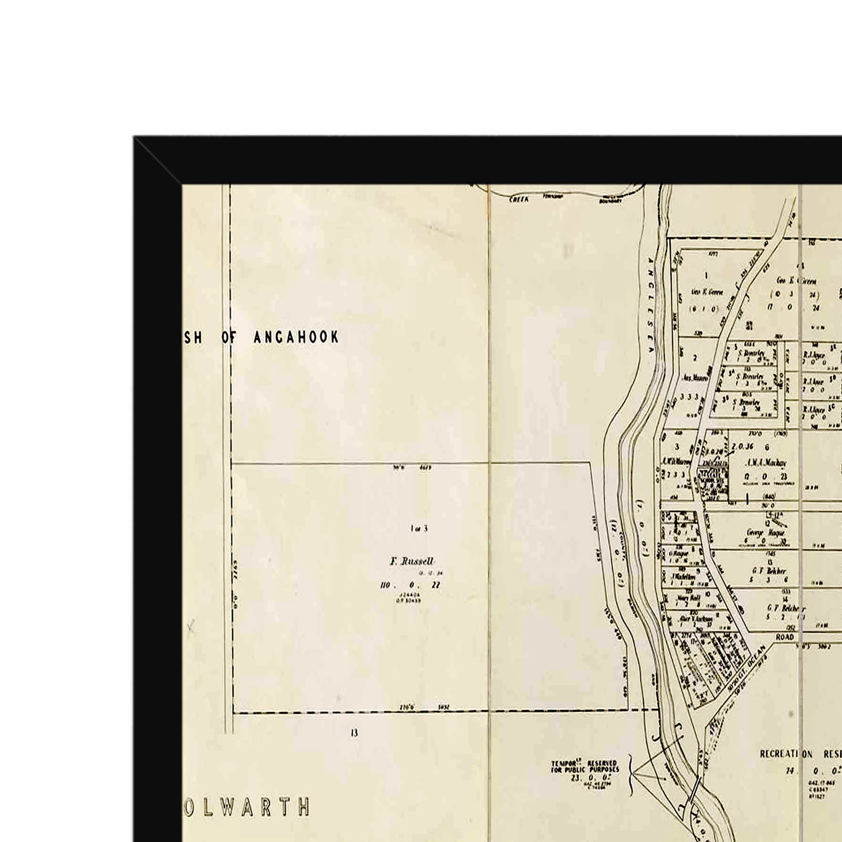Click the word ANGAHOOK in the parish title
pyautogui.click(x=296, y=337)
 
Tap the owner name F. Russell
pyautogui.click(x=412, y=562)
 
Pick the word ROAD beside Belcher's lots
pyautogui.click(x=785, y=637)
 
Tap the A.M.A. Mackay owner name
pyautogui.click(x=766, y=463)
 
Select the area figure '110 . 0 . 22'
pyautogui.click(x=409, y=585)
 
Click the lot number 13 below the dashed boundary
pyautogui.click(x=354, y=733)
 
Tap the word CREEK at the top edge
pyautogui.click(x=519, y=200)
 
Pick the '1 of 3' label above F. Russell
pyautogui.click(x=419, y=528)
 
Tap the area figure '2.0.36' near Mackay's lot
pyautogui.click(x=742, y=447)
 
